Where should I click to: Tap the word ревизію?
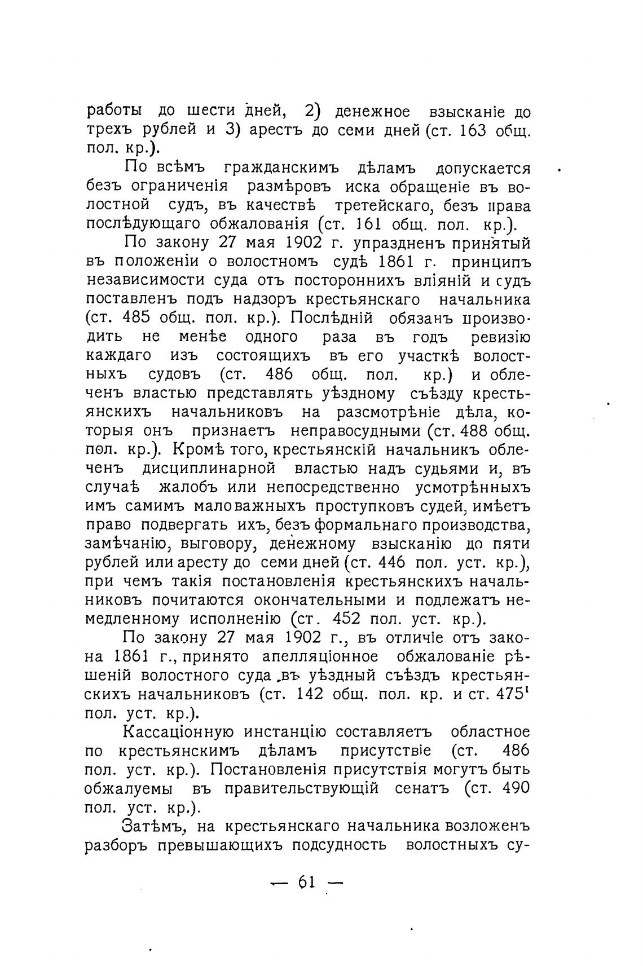pos(500,337)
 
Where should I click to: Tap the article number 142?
pos(310,694)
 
